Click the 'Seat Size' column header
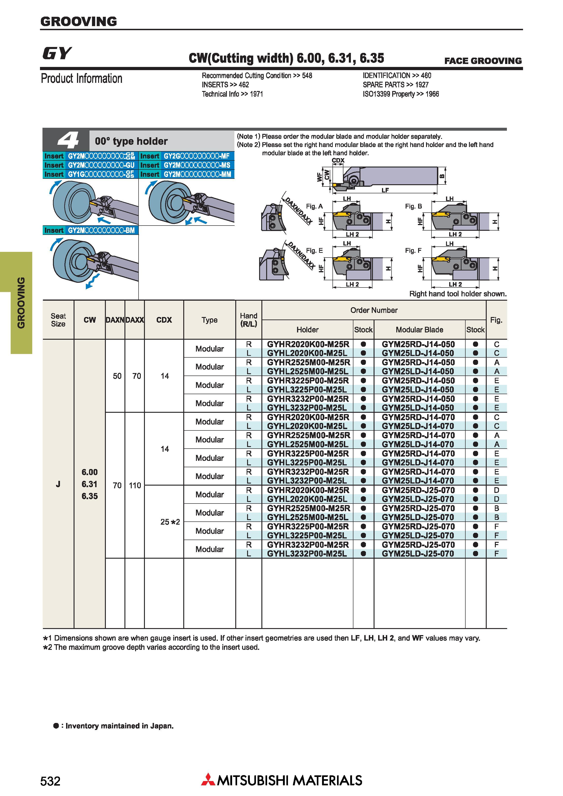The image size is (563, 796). (x=58, y=320)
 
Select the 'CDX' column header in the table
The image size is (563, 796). (x=164, y=320)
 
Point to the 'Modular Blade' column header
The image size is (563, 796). (x=419, y=330)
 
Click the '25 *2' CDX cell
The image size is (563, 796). (x=170, y=522)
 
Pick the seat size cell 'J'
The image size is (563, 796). (x=58, y=484)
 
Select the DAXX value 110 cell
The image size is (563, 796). (x=135, y=485)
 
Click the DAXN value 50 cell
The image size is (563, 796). (x=117, y=376)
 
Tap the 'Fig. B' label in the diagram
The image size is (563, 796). (x=414, y=206)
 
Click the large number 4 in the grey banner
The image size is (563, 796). (x=68, y=141)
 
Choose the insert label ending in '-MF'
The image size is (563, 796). (x=187, y=156)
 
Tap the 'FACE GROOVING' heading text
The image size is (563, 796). (x=483, y=61)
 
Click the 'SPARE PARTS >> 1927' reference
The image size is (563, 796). (x=395, y=85)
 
